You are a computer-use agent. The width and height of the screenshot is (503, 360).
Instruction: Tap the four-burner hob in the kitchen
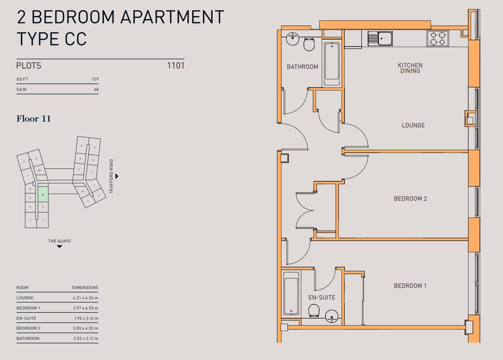click(437, 38)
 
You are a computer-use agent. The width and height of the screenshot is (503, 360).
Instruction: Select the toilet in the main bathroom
click(309, 44)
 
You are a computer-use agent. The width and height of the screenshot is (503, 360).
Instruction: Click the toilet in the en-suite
click(314, 312)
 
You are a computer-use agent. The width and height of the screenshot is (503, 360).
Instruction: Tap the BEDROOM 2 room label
click(410, 198)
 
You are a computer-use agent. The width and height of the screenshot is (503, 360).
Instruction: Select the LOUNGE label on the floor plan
click(413, 125)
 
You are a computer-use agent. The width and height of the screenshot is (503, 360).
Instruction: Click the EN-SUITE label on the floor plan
click(321, 297)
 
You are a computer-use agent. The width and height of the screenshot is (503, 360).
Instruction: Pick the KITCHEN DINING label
click(410, 68)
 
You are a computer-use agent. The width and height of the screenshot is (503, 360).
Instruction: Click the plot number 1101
click(175, 66)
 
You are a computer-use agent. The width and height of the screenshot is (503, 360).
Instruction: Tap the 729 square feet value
click(95, 79)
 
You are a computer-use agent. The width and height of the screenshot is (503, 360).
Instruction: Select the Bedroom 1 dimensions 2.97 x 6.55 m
click(85, 308)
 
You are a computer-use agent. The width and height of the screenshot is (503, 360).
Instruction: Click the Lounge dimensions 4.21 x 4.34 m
click(85, 298)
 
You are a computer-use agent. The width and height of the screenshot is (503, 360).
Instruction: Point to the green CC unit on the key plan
click(43, 194)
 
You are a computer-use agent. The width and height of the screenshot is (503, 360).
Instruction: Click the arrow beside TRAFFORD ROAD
click(117, 176)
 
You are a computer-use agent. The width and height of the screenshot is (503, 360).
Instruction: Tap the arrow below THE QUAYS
click(59, 246)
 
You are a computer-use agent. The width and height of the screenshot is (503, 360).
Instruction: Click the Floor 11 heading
click(33, 119)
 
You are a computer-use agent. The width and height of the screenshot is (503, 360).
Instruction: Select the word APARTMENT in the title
click(172, 17)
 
